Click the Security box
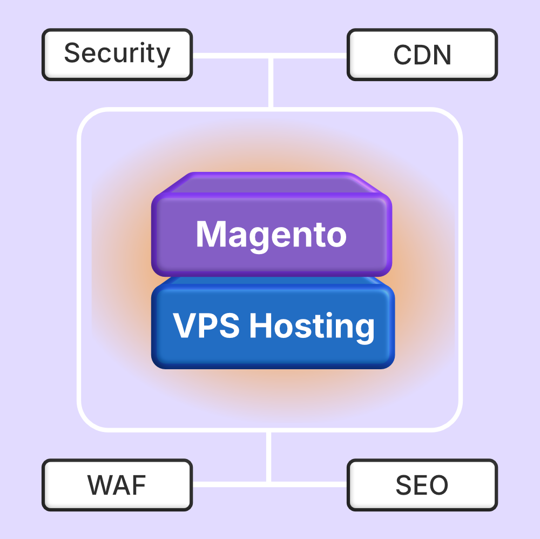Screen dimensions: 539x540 117,55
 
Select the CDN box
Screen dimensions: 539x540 422,55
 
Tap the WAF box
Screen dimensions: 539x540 117,485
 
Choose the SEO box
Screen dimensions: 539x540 422,485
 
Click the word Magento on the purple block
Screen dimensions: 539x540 271,235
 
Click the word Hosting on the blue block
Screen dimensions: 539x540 312,327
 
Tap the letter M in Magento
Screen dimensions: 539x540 211,234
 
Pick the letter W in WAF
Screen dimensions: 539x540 102,485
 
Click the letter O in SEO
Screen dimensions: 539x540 439,485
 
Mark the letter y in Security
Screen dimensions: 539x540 163,56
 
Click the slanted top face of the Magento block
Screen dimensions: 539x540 271,184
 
